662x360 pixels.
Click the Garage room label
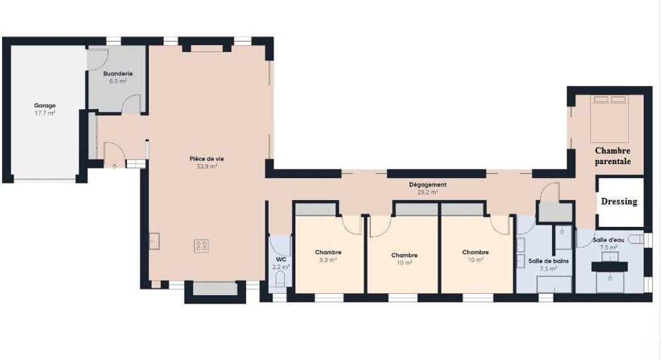[x=45, y=105]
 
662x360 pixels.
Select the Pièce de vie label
[x=203, y=159]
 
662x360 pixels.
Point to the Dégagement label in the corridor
[x=428, y=185]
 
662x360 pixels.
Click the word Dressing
[x=619, y=201]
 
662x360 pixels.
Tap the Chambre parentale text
[x=612, y=156]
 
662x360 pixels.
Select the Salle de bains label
[x=547, y=261]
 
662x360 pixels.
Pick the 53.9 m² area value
[x=203, y=167]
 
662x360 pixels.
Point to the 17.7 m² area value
[x=45, y=113]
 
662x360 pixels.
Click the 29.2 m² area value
[x=428, y=193]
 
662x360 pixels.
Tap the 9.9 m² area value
[x=328, y=260]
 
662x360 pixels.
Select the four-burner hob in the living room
[x=202, y=246]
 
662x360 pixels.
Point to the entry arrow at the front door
[x=116, y=165]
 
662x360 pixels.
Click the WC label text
[x=280, y=259]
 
